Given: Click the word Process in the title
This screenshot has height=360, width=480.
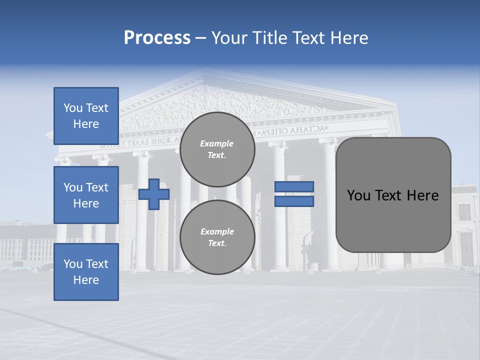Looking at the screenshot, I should (157, 38).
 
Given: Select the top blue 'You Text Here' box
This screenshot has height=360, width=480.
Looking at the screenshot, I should (86, 116).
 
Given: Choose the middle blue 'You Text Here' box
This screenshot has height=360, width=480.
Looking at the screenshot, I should (86, 195).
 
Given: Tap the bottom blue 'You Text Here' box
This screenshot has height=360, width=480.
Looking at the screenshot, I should (86, 272).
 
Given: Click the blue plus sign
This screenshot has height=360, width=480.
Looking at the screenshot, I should (154, 193).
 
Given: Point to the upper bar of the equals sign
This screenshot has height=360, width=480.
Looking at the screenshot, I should (294, 186).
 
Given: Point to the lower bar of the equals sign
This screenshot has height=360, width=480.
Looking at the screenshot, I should (294, 201).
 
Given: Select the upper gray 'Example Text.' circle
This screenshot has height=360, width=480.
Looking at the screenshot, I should (217, 149).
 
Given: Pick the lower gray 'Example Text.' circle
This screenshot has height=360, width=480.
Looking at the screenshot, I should (217, 237).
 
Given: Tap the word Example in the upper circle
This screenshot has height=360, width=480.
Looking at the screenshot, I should (217, 143).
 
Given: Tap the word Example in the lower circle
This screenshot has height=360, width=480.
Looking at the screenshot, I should (217, 231).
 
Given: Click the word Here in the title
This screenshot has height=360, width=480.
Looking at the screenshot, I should (349, 38).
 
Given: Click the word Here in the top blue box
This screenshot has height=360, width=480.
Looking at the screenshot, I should (86, 124).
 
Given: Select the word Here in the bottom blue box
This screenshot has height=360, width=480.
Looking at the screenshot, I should (86, 280).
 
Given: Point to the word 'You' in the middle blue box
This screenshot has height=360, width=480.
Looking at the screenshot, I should (72, 187).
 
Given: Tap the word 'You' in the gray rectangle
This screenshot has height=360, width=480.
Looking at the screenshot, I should (358, 195).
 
